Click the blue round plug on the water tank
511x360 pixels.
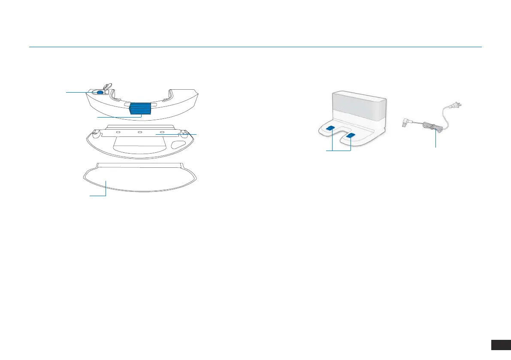100,92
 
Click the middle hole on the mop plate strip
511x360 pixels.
140,133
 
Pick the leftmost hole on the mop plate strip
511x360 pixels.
118,133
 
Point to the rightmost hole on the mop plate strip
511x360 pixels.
162,133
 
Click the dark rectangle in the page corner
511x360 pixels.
500,345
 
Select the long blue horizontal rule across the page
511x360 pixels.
255,47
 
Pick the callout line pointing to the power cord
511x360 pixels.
436,139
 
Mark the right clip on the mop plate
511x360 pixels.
185,133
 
